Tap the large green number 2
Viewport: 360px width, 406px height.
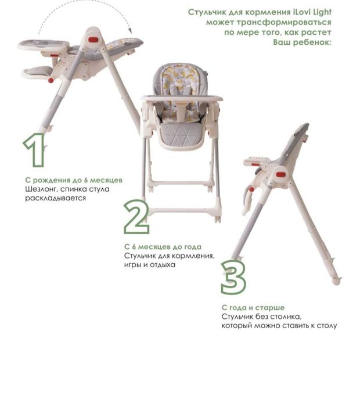136,217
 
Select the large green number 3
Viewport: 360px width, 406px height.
233,277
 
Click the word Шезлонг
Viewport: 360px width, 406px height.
41,189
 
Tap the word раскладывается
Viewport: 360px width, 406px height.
55,198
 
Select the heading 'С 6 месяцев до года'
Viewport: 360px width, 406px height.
163,247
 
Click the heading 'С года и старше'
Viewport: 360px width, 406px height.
253,308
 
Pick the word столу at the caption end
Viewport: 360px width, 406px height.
327,325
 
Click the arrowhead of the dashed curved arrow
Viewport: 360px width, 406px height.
130,31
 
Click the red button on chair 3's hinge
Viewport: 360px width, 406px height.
280,174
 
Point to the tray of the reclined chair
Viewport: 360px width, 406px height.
44,45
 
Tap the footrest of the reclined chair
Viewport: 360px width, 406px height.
38,72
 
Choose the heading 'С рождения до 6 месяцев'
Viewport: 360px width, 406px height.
74,180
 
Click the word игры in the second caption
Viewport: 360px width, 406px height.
132,265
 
